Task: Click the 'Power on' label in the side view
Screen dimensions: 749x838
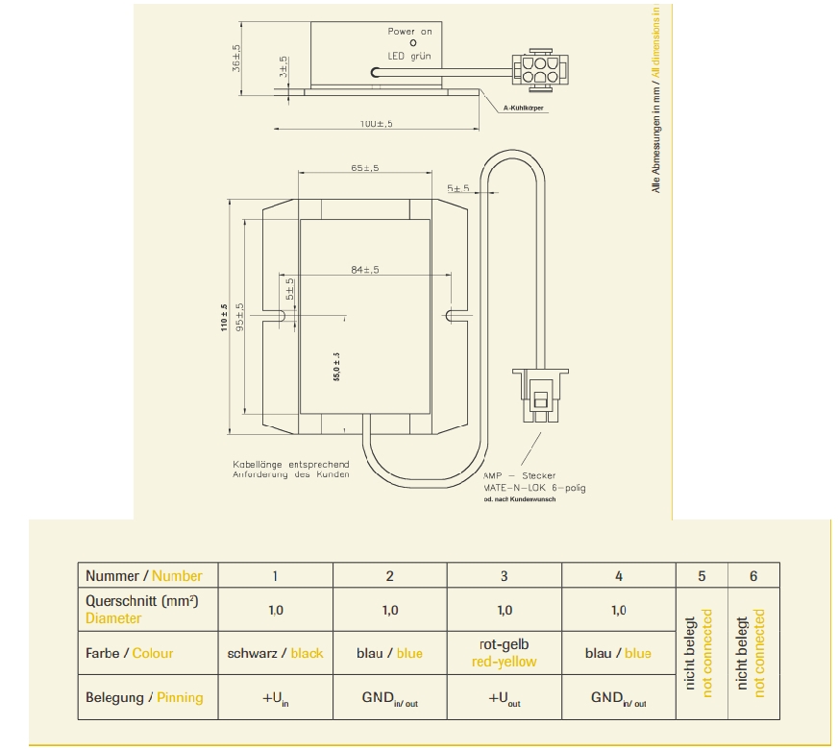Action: point(410,32)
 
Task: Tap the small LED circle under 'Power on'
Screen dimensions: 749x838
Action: point(413,43)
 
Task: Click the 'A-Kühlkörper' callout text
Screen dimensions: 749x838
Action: point(524,109)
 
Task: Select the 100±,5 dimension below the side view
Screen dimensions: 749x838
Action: point(377,125)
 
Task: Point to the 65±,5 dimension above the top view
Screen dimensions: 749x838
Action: point(364,168)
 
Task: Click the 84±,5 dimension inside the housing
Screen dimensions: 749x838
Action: point(364,270)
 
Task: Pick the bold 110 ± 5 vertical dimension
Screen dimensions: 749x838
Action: point(224,318)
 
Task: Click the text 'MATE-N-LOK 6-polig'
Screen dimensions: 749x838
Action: point(534,488)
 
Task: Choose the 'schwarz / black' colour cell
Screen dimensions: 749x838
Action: point(275,653)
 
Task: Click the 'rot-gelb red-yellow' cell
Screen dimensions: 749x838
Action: point(504,653)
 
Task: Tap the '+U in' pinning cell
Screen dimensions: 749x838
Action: point(275,698)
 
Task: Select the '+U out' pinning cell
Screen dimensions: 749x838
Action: point(504,698)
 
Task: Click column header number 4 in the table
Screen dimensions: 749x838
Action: point(619,576)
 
